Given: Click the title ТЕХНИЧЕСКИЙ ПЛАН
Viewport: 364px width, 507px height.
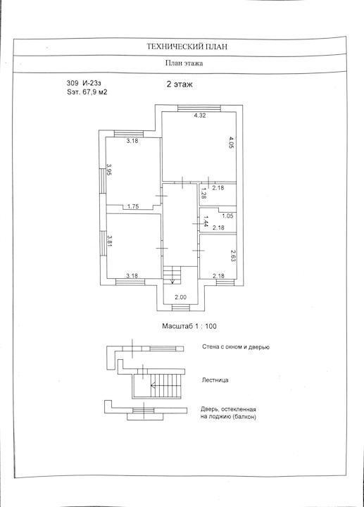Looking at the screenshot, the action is [187, 46].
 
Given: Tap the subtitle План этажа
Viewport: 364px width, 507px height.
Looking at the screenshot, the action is [184, 63].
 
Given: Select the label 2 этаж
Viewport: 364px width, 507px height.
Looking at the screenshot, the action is [180, 84].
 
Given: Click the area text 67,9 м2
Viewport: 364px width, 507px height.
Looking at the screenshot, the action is [95, 92].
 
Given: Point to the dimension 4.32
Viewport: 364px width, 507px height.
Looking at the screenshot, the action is [200, 115].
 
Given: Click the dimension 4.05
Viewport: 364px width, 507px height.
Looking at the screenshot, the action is [231, 142].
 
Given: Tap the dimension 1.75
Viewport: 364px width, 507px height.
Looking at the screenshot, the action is [133, 206].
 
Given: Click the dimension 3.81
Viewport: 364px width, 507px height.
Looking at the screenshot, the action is [109, 240].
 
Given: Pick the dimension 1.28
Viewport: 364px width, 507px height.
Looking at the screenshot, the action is [203, 193].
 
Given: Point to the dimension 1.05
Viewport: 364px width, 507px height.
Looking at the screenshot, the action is [227, 216].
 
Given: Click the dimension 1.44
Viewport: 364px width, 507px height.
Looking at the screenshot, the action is [205, 223].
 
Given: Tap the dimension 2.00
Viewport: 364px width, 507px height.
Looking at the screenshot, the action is [180, 297].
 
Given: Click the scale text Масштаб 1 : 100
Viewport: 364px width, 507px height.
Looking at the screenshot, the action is [189, 326].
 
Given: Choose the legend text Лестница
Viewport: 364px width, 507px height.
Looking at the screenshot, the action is [215, 380].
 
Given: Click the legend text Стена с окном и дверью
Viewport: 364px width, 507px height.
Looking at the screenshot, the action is [236, 347].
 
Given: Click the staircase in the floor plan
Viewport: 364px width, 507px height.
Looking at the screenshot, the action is [172, 275].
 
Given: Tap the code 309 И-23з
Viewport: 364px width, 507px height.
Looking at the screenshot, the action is [84, 84].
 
